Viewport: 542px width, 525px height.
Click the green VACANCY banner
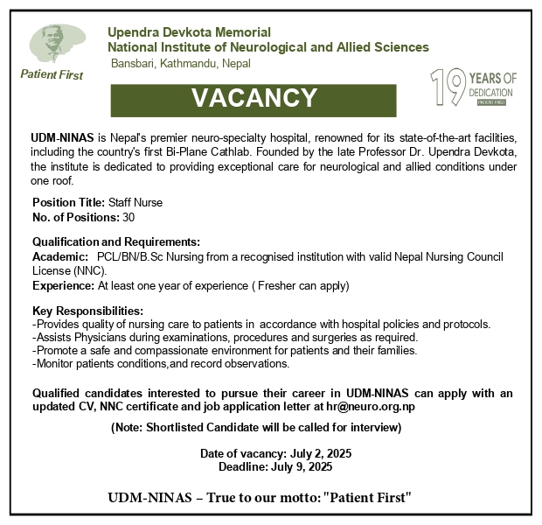[x=254, y=98]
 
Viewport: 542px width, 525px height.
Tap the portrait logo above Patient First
[x=52, y=44]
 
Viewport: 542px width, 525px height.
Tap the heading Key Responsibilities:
[x=87, y=311]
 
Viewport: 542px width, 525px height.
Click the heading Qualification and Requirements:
[x=116, y=241]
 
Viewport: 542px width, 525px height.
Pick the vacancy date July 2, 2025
[x=313, y=454]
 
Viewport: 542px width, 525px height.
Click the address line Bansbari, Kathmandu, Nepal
[x=180, y=64]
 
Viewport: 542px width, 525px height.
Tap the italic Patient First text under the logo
[x=52, y=75]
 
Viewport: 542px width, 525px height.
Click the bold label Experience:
[x=63, y=285]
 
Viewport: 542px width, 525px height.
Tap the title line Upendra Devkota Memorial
[x=189, y=32]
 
